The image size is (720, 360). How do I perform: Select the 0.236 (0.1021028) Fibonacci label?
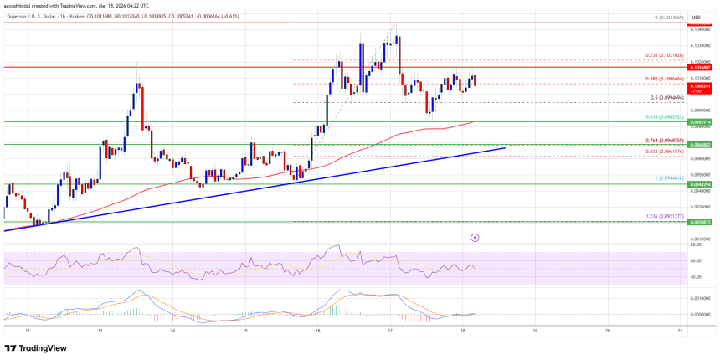click(x=666, y=55)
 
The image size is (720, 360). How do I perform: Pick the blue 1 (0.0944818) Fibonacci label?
click(x=669, y=178)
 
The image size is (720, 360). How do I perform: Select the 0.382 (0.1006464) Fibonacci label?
click(x=666, y=79)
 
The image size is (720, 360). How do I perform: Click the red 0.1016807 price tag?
click(x=700, y=66)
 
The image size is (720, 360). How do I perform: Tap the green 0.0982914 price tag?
click(x=700, y=122)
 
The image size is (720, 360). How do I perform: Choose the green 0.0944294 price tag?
click(x=700, y=184)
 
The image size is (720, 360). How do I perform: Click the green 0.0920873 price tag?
click(x=700, y=222)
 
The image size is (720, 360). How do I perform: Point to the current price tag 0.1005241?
click(x=700, y=86)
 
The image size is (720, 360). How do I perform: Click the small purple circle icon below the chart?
click(x=474, y=238)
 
